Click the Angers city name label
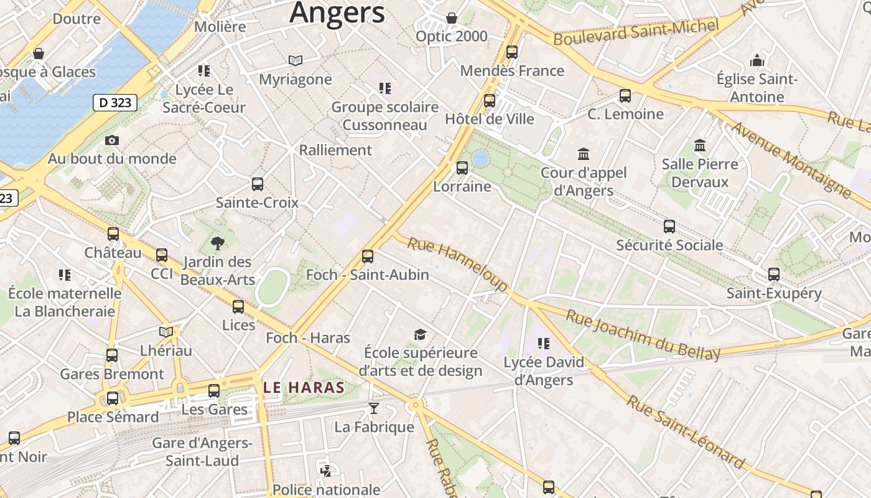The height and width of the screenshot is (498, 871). (x=337, y=12)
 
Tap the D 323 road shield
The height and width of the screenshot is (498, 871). (x=115, y=103)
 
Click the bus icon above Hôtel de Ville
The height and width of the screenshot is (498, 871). (x=490, y=100)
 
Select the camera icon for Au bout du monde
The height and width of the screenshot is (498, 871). (x=112, y=140)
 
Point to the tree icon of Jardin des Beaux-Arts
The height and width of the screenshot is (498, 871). (x=217, y=243)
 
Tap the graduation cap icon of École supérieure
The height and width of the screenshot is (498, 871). (x=421, y=335)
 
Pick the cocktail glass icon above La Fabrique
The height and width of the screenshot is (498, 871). (x=373, y=408)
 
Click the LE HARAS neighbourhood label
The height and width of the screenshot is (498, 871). (x=304, y=387)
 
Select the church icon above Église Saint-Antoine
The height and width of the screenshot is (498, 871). (x=757, y=60)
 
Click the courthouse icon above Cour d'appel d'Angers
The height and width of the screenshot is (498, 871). (x=584, y=154)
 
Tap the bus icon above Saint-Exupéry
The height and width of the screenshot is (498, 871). (x=774, y=275)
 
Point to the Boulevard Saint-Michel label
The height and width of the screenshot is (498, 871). (x=636, y=31)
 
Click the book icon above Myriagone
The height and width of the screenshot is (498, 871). (x=296, y=60)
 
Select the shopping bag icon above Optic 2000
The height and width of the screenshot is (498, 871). (x=452, y=18)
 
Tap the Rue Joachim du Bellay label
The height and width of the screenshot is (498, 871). (x=643, y=335)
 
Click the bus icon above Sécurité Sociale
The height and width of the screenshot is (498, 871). (x=669, y=227)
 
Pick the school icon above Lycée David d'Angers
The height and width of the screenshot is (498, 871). (x=544, y=344)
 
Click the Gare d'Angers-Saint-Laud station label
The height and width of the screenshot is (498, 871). (x=203, y=452)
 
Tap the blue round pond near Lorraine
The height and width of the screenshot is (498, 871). (x=480, y=159)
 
